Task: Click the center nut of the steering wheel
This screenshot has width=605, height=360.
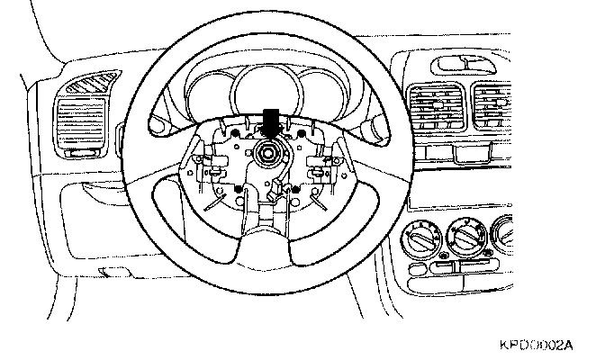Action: tap(268, 155)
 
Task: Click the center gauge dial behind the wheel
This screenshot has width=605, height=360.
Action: tap(267, 95)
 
